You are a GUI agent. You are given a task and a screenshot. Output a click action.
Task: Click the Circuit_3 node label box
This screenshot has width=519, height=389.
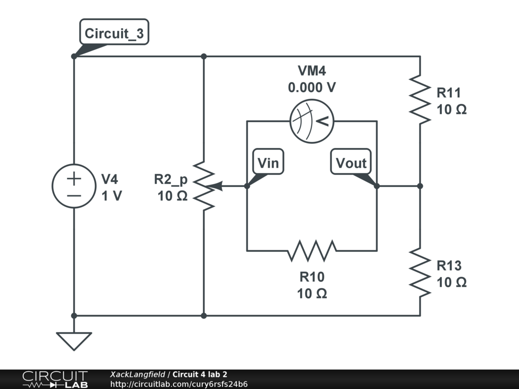tap(114, 32)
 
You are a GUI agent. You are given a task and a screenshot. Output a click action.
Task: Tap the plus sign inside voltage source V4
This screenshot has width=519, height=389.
tap(74, 179)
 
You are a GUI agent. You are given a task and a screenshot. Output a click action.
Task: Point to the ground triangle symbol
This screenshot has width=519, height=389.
tap(74, 341)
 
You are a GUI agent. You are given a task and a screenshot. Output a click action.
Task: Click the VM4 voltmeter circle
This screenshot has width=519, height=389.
tap(312, 122)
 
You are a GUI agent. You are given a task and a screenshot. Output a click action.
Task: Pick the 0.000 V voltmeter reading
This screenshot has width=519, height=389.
tap(312, 88)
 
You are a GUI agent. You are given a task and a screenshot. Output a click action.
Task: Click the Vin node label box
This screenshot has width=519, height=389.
tap(268, 162)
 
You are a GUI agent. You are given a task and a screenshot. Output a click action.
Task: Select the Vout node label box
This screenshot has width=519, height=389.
tap(351, 162)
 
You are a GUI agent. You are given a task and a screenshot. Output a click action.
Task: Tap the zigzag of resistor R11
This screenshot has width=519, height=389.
tap(420, 100)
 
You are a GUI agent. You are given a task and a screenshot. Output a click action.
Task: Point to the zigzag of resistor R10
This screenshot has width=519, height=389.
tap(312, 251)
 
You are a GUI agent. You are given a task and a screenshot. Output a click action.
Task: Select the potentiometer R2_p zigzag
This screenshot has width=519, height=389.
tap(204, 186)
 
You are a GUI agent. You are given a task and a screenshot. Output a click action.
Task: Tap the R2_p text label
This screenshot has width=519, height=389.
tap(171, 179)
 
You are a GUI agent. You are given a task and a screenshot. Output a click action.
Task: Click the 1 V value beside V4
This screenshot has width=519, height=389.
tap(112, 196)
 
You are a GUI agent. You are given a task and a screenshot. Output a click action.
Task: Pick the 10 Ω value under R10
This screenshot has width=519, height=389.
tap(312, 293)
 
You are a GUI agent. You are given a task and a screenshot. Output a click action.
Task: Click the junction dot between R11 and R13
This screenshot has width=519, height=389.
tap(420, 186)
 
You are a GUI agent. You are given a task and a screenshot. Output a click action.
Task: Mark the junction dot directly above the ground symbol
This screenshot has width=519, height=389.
tap(74, 316)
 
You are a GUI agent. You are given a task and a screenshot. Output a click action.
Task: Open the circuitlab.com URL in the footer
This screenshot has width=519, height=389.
tap(179, 384)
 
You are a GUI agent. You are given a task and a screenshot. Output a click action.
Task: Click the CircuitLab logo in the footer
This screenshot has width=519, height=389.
tap(55, 379)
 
